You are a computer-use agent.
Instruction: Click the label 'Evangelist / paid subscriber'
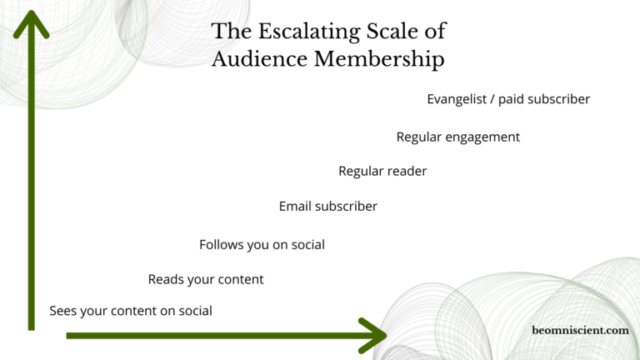tap(508, 99)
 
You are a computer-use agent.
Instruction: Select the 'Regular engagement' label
tap(457, 137)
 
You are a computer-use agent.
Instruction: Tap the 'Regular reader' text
tap(382, 171)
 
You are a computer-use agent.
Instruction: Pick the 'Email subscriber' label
tap(328, 206)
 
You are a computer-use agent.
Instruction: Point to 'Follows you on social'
tap(262, 244)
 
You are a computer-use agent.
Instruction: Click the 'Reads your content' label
tap(206, 279)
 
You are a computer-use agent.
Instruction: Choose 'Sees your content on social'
tap(131, 311)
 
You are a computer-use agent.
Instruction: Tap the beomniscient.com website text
tap(580, 331)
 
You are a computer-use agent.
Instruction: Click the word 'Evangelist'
tap(456, 99)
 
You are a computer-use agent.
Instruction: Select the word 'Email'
tap(294, 206)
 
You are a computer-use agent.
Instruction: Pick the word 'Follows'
tap(221, 244)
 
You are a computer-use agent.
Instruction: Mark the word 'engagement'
tap(482, 137)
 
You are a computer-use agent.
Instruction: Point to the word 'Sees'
tap(63, 311)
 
